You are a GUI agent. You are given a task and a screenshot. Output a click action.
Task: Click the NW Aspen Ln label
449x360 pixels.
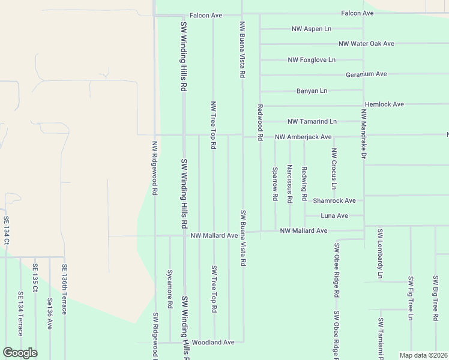[x=311, y=29]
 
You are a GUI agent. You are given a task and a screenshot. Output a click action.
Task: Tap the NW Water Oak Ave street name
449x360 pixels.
[x=366, y=44]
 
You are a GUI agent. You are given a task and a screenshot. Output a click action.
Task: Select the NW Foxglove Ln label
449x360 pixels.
[x=312, y=60]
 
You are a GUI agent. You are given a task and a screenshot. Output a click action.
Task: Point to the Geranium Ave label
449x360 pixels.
[x=366, y=74]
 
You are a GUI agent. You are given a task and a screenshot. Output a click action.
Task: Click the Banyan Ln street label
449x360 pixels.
[x=312, y=91]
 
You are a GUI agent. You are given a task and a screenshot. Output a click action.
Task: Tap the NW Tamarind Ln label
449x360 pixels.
[x=312, y=121]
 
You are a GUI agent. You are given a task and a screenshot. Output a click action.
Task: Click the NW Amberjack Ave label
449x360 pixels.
[x=303, y=137]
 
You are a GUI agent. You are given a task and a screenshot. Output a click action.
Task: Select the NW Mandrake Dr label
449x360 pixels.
[x=363, y=134]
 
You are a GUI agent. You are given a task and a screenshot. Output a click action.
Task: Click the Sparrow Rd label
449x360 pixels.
[x=275, y=184]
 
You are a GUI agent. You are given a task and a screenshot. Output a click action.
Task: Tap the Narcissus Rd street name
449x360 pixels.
[x=290, y=182]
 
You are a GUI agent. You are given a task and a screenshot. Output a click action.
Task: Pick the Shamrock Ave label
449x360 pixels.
[x=334, y=200]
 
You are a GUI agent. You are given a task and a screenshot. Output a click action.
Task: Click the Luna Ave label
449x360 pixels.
[x=334, y=215]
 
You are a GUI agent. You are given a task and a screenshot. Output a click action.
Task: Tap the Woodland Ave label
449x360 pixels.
[x=213, y=342]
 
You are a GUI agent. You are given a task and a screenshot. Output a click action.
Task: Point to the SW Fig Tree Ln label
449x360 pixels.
[x=411, y=298]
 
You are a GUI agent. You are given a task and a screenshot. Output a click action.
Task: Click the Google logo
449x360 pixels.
[x=20, y=352]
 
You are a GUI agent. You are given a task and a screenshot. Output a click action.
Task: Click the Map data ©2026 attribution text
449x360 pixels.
[x=423, y=355]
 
